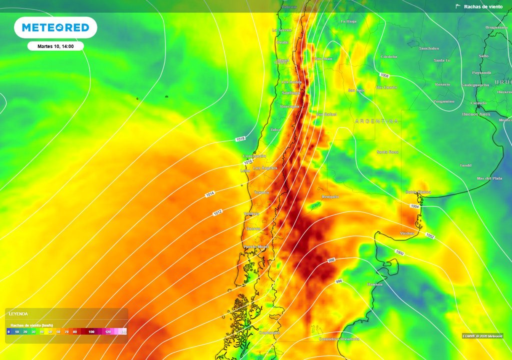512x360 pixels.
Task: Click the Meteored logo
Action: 55,27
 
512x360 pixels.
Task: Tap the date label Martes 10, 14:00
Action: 55,46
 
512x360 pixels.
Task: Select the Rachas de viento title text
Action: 483,6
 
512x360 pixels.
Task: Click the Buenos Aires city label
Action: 476,114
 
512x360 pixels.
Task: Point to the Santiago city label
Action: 291,93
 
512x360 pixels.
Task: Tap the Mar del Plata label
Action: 489,178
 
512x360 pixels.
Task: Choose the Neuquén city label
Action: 330,197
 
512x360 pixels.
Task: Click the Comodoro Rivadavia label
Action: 339,339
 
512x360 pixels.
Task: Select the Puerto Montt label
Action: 256,247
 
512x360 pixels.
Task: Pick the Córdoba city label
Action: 388,57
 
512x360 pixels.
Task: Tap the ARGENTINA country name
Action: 377,121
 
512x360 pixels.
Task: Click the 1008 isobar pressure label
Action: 384,75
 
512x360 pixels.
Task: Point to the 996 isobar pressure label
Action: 339,282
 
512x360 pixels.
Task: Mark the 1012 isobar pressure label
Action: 217,213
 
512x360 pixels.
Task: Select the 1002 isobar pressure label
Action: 430,235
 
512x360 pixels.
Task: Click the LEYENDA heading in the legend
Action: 19,314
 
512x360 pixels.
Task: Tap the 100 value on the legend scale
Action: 91,331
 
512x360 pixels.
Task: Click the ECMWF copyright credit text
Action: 482,336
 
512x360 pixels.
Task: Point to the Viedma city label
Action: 407,233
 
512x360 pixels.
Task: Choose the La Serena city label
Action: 281,30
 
